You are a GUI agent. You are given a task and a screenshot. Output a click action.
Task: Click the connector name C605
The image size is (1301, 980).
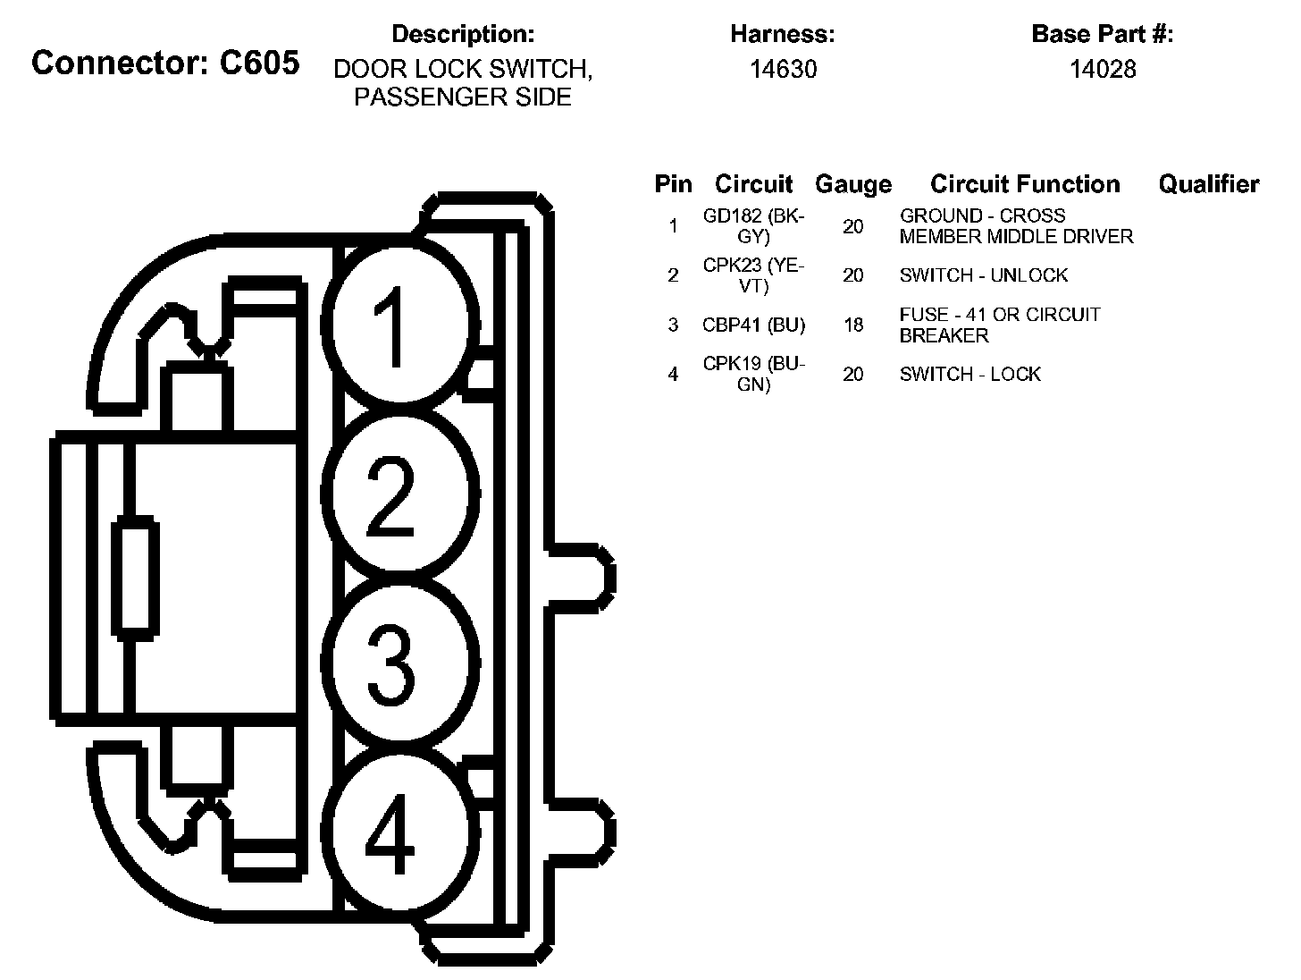[164, 63]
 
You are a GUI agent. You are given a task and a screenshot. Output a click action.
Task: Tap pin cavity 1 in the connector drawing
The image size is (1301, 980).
[399, 325]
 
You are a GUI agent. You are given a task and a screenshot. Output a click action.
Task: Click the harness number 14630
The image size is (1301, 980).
[783, 70]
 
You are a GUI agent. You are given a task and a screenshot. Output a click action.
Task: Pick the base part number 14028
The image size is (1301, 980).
[1103, 70]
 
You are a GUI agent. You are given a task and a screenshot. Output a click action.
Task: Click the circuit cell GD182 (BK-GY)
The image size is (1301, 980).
[753, 226]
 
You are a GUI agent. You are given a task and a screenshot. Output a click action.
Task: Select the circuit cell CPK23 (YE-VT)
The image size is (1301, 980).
[753, 275]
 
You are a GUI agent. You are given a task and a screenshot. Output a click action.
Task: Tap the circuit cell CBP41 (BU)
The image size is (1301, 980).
[753, 325]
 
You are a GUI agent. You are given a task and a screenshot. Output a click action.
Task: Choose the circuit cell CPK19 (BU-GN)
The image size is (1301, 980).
[753, 375]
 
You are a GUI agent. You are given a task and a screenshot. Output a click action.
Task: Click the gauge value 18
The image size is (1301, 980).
[853, 325]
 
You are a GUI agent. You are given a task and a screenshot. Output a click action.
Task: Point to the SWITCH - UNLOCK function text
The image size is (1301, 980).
[983, 275]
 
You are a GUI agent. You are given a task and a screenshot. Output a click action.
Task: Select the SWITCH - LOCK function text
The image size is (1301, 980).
[969, 375]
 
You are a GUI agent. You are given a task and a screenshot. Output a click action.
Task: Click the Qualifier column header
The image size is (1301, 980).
[1208, 184]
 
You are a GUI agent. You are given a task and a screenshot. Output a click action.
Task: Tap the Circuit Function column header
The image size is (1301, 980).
[1025, 184]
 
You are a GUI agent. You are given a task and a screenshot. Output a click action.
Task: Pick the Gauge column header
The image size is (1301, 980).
[852, 185]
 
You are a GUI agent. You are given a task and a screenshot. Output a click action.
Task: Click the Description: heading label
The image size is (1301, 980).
[463, 35]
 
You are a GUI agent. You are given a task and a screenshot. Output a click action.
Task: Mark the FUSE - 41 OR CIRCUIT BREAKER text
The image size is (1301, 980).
[999, 325]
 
